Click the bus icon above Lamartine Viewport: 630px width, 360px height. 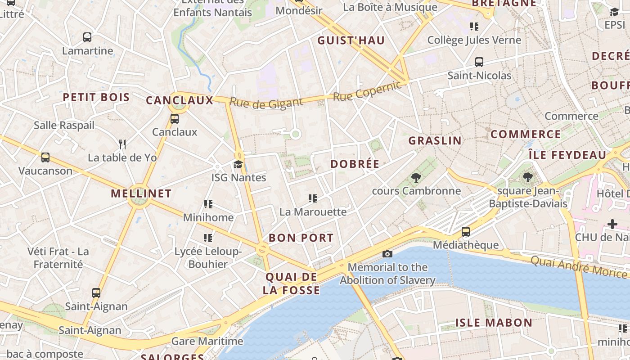pyautogui.click(x=87, y=37)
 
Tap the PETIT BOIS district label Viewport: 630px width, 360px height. pyautogui.click(x=96, y=97)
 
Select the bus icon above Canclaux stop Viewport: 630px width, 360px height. pyautogui.click(x=175, y=119)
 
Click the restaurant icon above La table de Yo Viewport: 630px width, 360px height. pyautogui.click(x=122, y=144)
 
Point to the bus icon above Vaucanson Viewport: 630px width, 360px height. pyautogui.click(x=45, y=157)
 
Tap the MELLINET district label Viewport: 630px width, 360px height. pyautogui.click(x=141, y=194)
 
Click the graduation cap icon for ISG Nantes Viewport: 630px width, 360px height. pyautogui.click(x=238, y=164)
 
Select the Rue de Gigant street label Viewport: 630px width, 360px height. pyautogui.click(x=266, y=103)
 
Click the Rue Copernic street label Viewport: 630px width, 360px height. pyautogui.click(x=367, y=91)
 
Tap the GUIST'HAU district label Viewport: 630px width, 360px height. pyautogui.click(x=351, y=40)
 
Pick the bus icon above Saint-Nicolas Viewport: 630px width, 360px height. pyautogui.click(x=479, y=62)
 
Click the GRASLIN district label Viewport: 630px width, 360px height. pyautogui.click(x=435, y=140)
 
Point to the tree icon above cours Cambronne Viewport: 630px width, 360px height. pyautogui.click(x=416, y=178)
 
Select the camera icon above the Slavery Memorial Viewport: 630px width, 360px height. pyautogui.click(x=387, y=254)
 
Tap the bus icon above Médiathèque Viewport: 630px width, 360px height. pyautogui.click(x=466, y=232)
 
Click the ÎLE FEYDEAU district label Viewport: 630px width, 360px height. pyautogui.click(x=567, y=155)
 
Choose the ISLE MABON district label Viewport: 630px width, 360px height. pyautogui.click(x=494, y=323)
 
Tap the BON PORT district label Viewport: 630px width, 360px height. pyautogui.click(x=301, y=238)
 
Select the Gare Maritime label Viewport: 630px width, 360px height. pyautogui.click(x=207, y=341)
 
